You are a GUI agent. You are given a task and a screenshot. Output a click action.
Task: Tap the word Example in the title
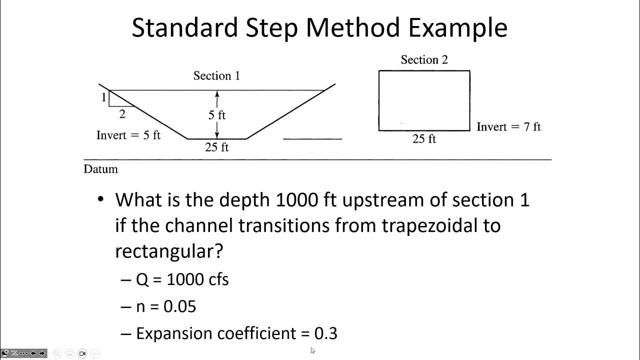click(x=457, y=27)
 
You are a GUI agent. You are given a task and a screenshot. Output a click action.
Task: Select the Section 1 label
click(x=216, y=76)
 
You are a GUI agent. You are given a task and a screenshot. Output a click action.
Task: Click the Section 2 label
click(x=424, y=60)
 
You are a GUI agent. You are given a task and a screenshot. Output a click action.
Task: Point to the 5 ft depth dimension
click(x=217, y=115)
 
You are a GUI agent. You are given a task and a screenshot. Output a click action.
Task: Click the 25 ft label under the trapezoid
click(x=217, y=147)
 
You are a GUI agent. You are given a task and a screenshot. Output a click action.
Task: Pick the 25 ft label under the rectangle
click(x=424, y=139)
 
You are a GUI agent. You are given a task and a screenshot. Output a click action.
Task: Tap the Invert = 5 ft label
click(x=128, y=135)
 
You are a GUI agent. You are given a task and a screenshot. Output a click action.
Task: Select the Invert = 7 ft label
click(x=508, y=127)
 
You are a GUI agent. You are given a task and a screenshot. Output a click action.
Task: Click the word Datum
click(x=100, y=169)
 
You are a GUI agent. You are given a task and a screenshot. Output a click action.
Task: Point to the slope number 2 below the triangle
click(x=122, y=114)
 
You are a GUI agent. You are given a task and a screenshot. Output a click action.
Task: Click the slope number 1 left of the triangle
click(x=104, y=97)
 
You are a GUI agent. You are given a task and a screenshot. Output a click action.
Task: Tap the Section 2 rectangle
click(x=424, y=100)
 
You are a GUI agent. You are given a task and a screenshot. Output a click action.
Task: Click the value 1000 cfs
click(x=197, y=279)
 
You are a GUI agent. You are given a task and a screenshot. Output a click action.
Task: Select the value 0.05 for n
click(x=180, y=306)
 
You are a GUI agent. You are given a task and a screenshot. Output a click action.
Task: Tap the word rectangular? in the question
click(x=168, y=251)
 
